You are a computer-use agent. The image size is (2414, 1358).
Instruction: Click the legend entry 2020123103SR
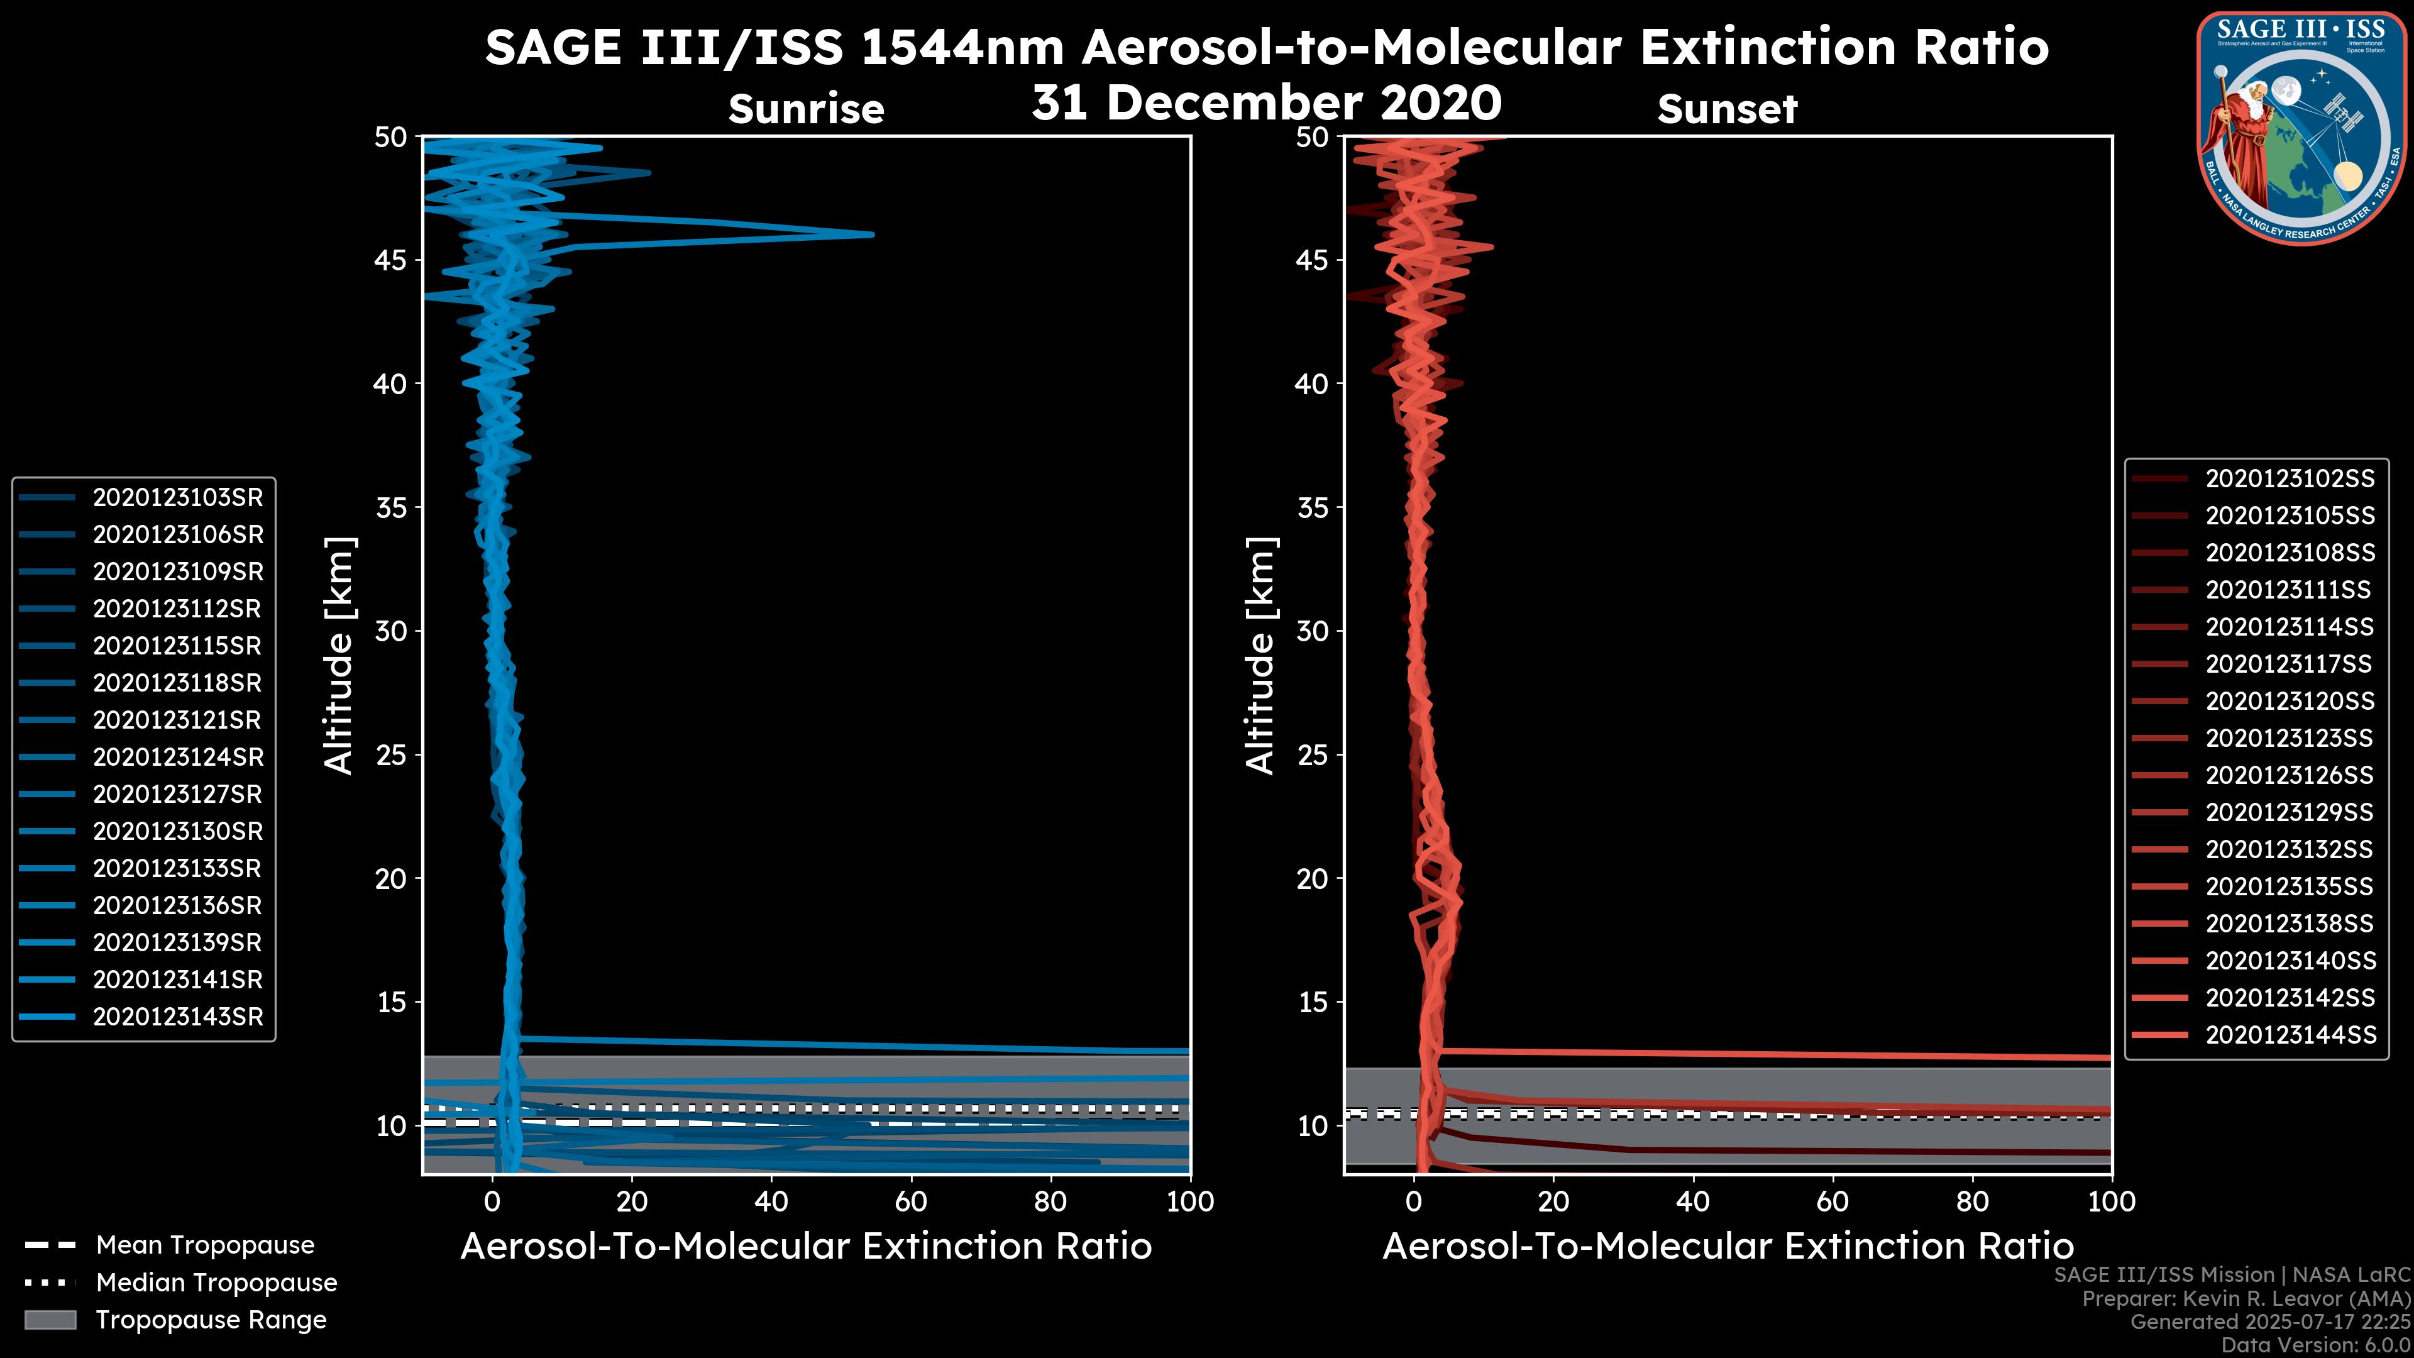pyautogui.click(x=177, y=498)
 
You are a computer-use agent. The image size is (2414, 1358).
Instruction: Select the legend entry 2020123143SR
pyautogui.click(x=177, y=1017)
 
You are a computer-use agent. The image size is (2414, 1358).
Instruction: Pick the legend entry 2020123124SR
pyautogui.click(x=177, y=757)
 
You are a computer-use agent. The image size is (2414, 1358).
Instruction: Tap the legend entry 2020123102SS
pyautogui.click(x=2290, y=479)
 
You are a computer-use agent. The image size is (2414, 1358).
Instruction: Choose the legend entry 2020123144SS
pyautogui.click(x=2290, y=1035)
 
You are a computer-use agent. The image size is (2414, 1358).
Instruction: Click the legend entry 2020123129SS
pyautogui.click(x=2290, y=812)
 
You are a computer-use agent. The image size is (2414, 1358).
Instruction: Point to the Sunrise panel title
pyautogui.click(x=806, y=109)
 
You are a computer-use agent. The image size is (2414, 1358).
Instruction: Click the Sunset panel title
pyautogui.click(x=1727, y=109)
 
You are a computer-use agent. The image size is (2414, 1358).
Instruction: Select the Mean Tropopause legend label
pyautogui.click(x=205, y=1245)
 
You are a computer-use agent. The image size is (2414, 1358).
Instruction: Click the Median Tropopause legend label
pyautogui.click(x=216, y=1283)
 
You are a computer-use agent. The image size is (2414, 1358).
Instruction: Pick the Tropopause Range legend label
pyautogui.click(x=211, y=1320)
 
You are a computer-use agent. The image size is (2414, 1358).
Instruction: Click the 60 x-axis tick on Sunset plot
pyautogui.click(x=1832, y=1201)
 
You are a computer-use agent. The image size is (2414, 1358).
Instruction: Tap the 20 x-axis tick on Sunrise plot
pyautogui.click(x=632, y=1201)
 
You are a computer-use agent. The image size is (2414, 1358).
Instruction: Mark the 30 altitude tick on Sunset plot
pyautogui.click(x=1313, y=631)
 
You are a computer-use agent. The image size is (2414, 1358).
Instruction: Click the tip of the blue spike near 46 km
pyautogui.click(x=871, y=235)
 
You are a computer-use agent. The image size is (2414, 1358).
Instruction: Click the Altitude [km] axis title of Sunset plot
pyautogui.click(x=1260, y=656)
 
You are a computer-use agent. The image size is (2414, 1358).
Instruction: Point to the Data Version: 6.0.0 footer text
pyautogui.click(x=2317, y=1345)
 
